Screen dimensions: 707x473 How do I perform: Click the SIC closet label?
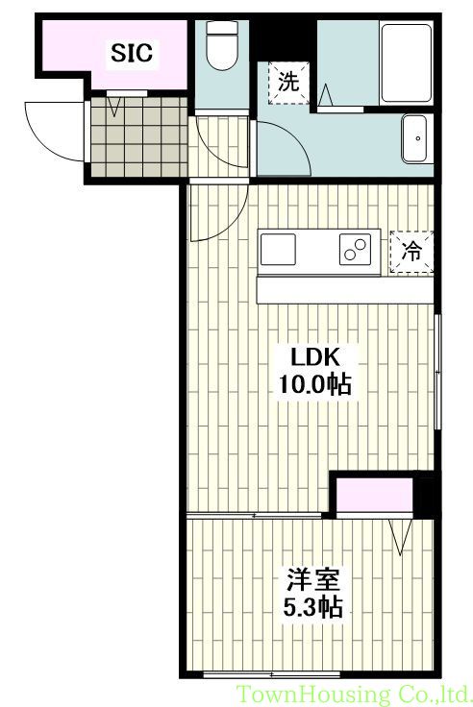click(x=132, y=54)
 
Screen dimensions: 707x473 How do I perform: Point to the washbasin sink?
click(x=416, y=140)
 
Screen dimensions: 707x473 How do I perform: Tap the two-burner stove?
click(x=353, y=250)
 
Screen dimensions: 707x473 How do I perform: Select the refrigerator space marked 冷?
click(x=411, y=253)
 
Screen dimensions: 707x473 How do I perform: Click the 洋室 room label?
click(x=312, y=581)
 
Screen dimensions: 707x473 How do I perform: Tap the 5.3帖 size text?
click(x=312, y=607)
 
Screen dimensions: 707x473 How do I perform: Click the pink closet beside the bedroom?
click(x=372, y=497)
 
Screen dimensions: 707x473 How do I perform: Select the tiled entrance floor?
click(x=139, y=136)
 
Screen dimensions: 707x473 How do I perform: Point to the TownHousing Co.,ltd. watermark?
click(x=354, y=694)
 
